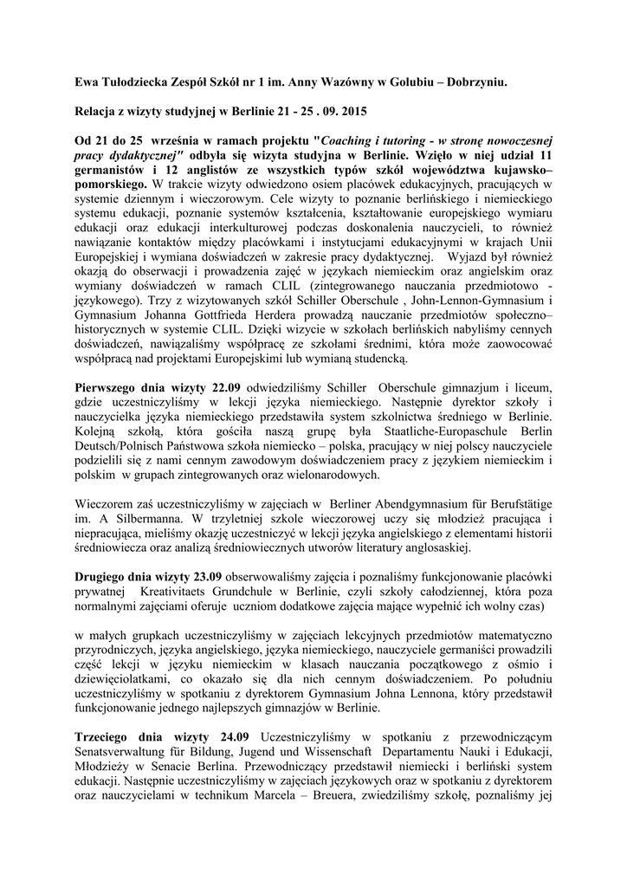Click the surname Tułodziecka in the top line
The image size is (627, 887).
138,81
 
